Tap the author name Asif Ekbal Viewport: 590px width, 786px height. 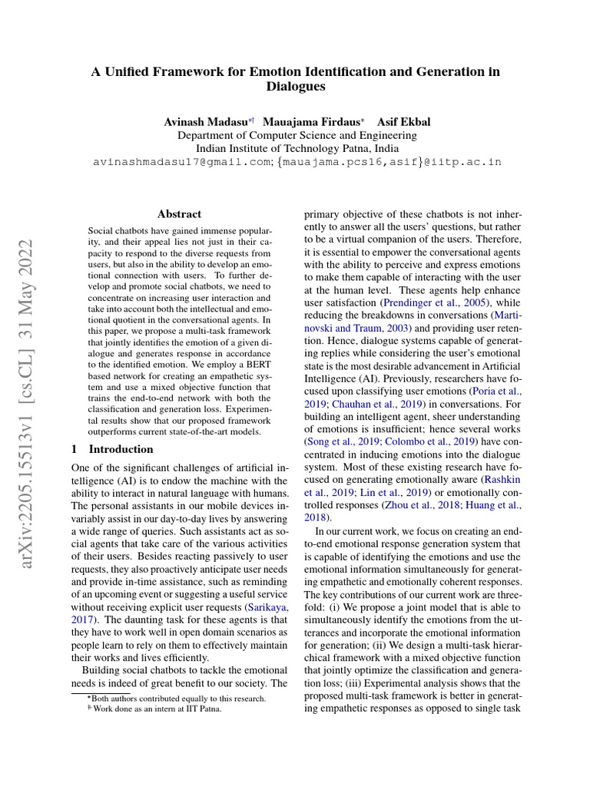pos(404,122)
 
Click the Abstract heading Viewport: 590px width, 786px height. pos(179,214)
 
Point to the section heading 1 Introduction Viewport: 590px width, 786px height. pos(112,448)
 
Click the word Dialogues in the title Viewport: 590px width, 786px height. pos(296,87)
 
